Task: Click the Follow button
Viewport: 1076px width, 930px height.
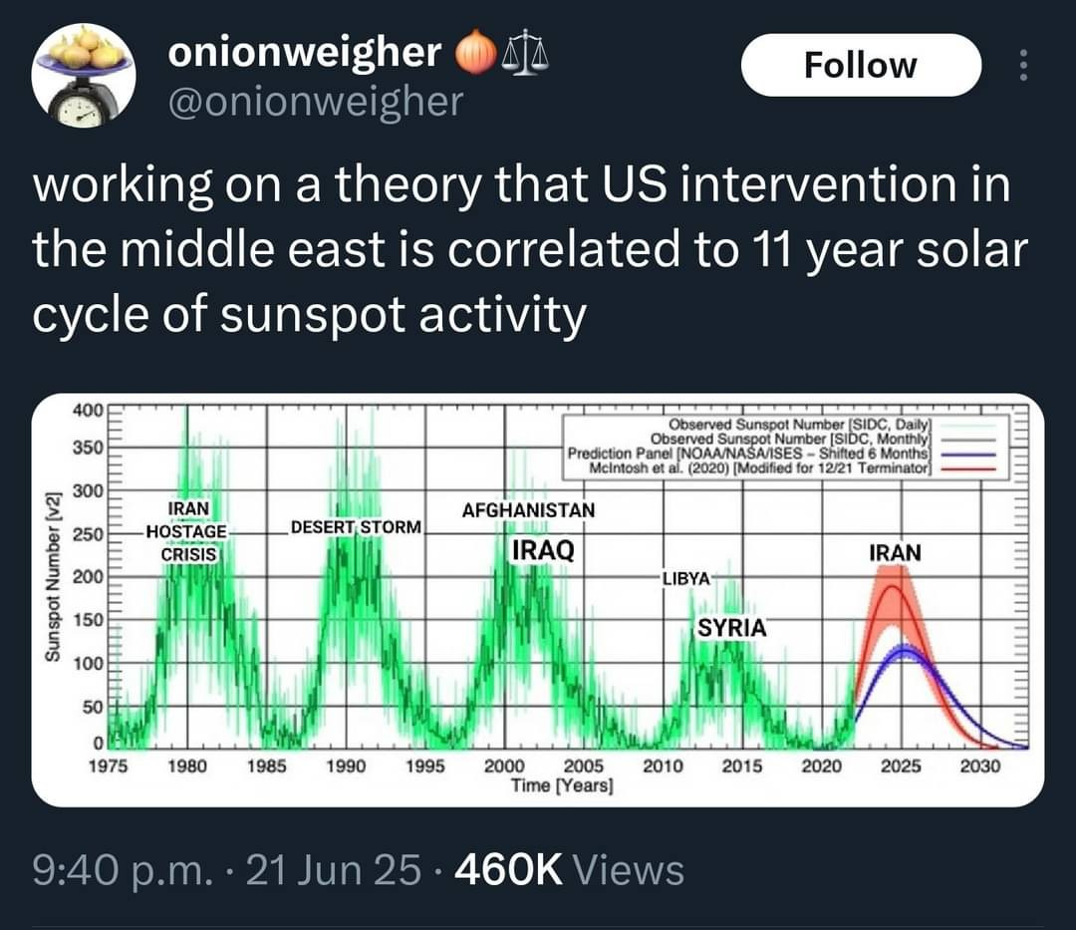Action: (860, 65)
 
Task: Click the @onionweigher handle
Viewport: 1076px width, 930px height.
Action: (315, 100)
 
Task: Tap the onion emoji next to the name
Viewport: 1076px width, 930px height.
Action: (476, 54)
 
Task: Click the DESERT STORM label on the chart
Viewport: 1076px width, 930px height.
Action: (356, 525)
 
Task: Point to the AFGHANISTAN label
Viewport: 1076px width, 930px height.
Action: (528, 510)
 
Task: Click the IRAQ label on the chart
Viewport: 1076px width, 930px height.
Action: (542, 550)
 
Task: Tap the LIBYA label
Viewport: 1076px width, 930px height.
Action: (685, 578)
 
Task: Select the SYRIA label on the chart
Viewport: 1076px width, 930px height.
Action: (731, 628)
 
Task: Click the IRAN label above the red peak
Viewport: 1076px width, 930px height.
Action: (895, 552)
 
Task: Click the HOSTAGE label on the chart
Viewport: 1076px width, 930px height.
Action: (186, 530)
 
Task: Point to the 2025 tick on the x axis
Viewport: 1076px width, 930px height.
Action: (901, 767)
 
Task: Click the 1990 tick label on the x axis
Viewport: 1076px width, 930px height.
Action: (346, 767)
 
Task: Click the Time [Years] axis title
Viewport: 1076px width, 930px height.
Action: (562, 785)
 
